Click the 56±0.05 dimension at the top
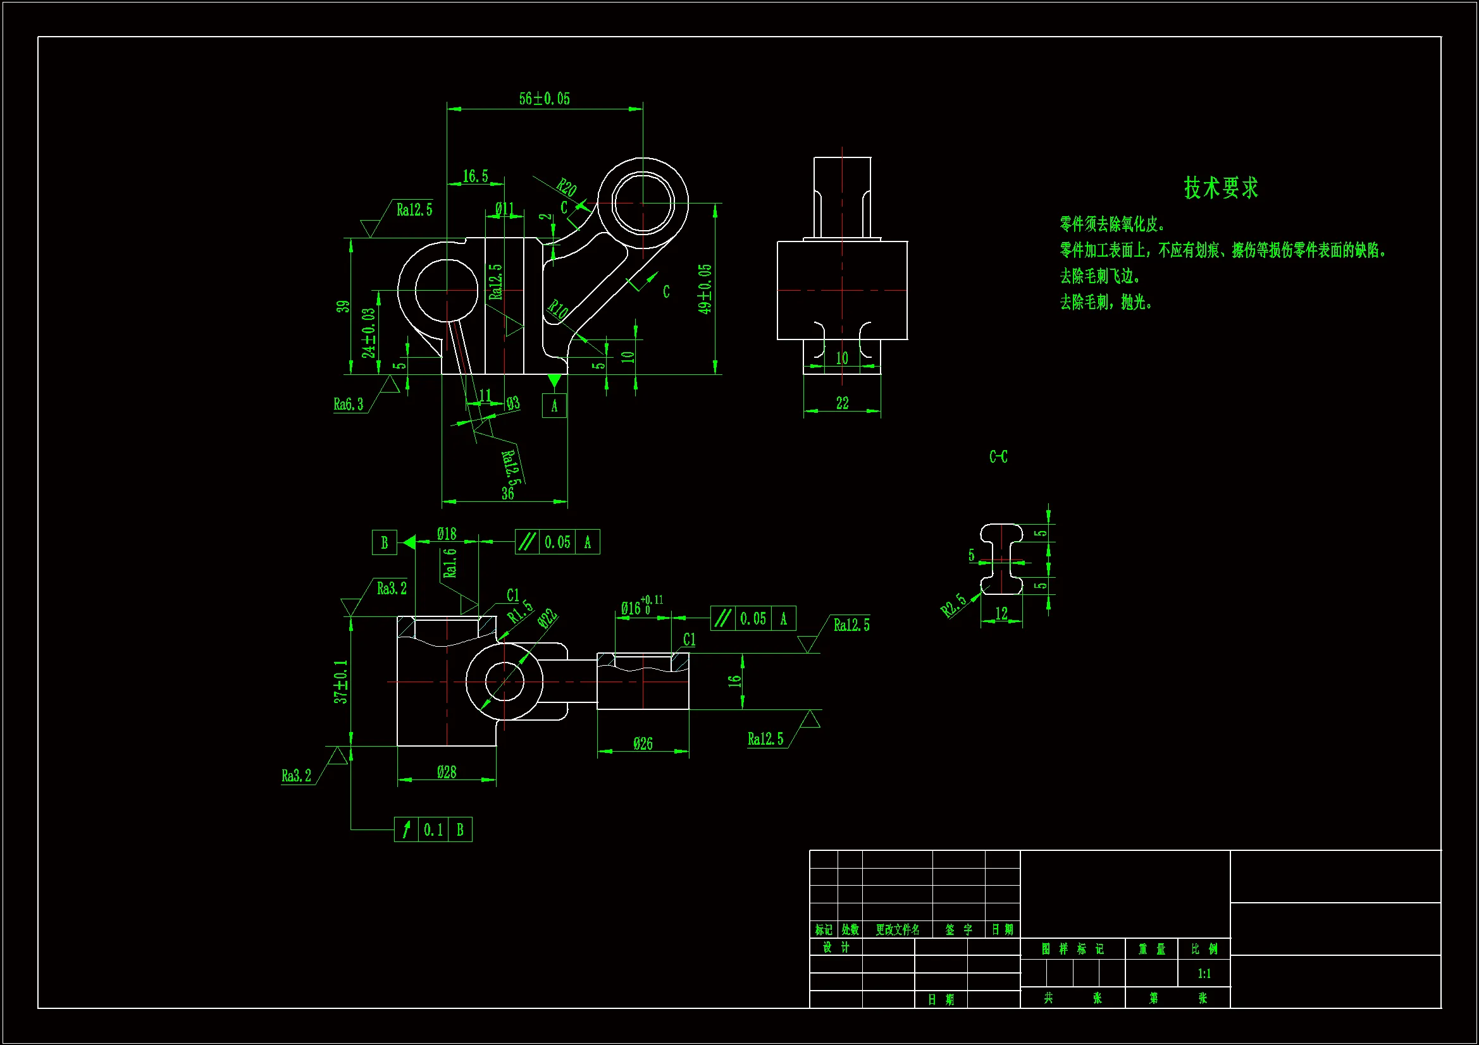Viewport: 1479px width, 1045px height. pos(544,99)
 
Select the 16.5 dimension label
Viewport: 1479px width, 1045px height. pos(476,176)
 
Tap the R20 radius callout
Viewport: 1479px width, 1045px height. pos(566,187)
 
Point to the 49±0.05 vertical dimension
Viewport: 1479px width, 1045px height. pos(705,289)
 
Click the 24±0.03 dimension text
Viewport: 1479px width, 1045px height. pos(368,333)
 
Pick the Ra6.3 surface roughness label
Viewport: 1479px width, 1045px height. pos(348,404)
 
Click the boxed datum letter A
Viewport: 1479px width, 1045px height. pos(554,406)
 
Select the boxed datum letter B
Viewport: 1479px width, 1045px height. pos(385,542)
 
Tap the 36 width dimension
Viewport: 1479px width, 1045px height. pos(507,493)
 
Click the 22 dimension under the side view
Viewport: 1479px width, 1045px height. pos(842,403)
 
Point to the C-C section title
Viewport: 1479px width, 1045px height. pos(998,456)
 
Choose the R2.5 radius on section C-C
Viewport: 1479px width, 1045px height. pos(953,604)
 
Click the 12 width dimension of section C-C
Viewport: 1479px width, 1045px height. pos(1001,613)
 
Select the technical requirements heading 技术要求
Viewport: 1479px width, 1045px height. pos(1221,188)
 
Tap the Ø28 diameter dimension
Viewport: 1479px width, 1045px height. pos(447,771)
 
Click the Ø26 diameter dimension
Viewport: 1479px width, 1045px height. pos(643,743)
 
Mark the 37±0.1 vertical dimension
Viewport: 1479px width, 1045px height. pos(340,681)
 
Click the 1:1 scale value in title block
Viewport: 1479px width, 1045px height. pos(1204,973)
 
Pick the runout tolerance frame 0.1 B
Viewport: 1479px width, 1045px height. pos(433,829)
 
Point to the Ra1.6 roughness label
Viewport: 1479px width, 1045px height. pos(450,562)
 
